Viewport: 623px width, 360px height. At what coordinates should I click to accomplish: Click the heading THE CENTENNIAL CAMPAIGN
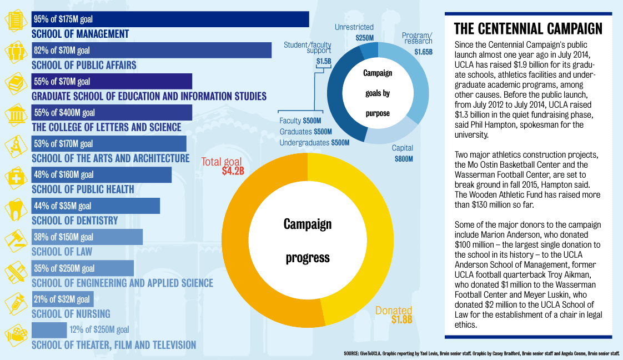[527, 28]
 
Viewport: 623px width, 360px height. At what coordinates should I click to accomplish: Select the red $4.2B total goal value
[233, 171]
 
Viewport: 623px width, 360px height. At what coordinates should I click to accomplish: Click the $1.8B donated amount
[401, 319]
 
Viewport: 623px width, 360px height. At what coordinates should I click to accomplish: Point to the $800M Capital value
[403, 158]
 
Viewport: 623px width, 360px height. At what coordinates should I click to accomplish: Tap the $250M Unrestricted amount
[365, 38]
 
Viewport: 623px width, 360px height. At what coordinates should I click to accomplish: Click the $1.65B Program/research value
[423, 52]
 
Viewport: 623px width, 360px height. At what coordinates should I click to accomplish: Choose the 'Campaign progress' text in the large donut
[307, 241]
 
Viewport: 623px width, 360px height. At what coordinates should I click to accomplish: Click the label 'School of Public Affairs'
[84, 65]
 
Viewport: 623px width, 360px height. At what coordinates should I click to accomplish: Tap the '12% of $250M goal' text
[99, 330]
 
